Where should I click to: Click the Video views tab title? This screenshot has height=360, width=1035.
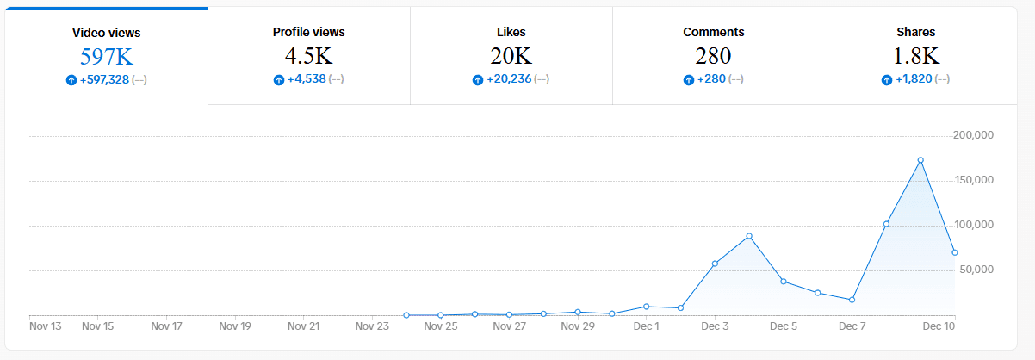click(107, 33)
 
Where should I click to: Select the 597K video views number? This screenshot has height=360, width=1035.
click(107, 57)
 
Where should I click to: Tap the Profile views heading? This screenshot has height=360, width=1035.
click(308, 32)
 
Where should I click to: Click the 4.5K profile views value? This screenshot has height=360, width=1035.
click(308, 56)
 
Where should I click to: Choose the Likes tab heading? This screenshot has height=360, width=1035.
click(511, 32)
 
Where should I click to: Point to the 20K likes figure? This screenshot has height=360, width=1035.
click(511, 56)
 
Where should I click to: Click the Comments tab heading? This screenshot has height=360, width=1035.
click(713, 32)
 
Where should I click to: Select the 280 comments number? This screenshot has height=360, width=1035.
click(713, 56)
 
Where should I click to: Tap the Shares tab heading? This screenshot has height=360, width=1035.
click(915, 32)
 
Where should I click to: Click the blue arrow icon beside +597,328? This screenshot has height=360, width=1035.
click(71, 80)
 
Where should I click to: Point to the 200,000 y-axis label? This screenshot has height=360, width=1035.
click(974, 135)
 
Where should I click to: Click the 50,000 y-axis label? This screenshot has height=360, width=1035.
click(976, 270)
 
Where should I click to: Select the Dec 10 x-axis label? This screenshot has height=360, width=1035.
click(939, 326)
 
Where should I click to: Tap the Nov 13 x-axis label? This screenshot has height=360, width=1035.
click(46, 326)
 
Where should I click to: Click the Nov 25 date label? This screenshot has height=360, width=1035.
click(440, 326)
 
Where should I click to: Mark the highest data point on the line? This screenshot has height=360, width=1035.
click(920, 160)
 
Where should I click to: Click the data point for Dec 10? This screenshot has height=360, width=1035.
click(954, 252)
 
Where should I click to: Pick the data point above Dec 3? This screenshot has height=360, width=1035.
click(715, 264)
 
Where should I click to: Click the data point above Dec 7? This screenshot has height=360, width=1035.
click(852, 300)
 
